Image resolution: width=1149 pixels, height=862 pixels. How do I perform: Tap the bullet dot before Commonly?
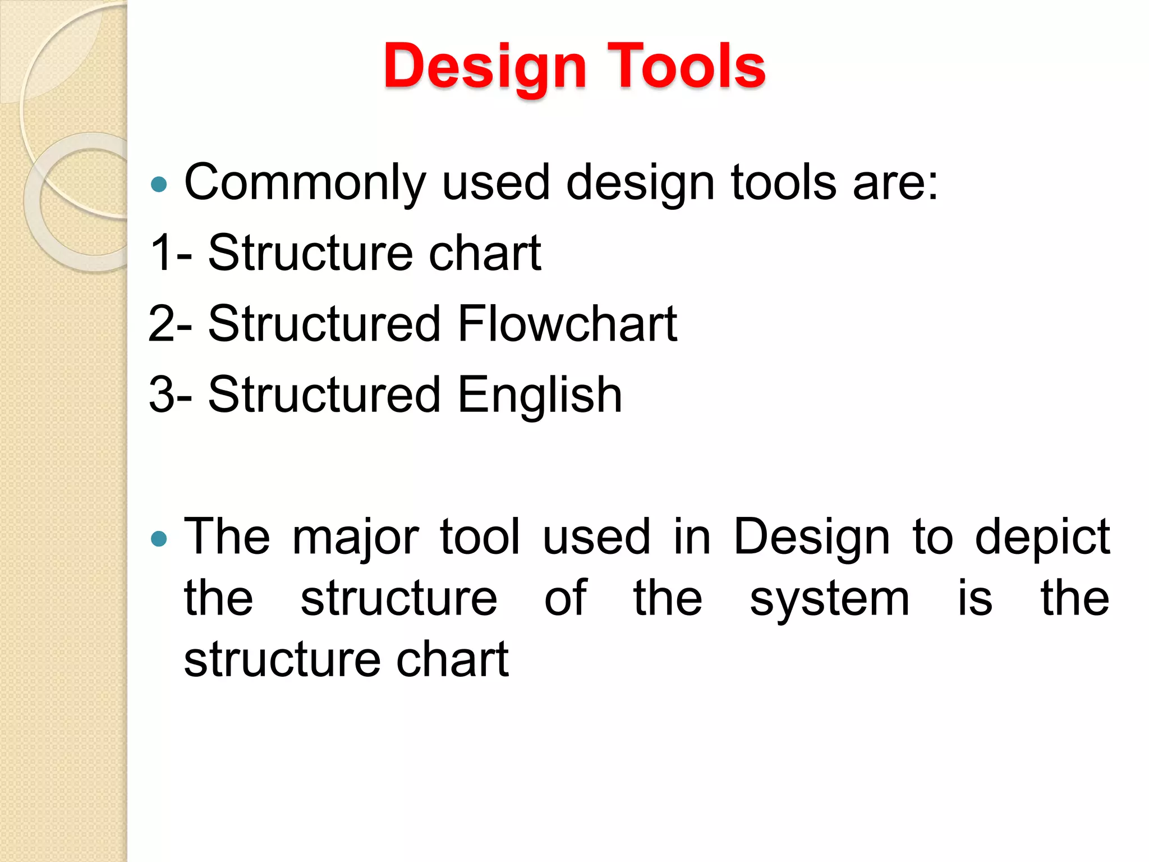point(159,185)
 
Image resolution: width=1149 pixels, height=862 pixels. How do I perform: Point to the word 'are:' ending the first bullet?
point(895,183)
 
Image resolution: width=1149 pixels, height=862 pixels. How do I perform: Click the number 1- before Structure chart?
point(171,253)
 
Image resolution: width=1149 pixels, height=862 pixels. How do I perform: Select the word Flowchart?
point(567,324)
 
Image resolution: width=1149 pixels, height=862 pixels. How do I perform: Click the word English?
point(540,395)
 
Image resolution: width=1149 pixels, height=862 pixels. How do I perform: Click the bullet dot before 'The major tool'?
point(159,539)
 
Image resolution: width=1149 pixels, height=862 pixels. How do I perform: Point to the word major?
point(356,538)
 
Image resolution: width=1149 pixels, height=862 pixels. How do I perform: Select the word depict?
point(1042,538)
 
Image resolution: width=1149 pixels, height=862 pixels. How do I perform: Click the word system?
point(829,599)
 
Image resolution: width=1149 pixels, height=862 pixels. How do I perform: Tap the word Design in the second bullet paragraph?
point(811,538)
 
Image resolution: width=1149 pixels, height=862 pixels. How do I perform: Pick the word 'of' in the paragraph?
point(566,598)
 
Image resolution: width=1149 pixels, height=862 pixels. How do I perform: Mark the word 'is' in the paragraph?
point(975,598)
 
